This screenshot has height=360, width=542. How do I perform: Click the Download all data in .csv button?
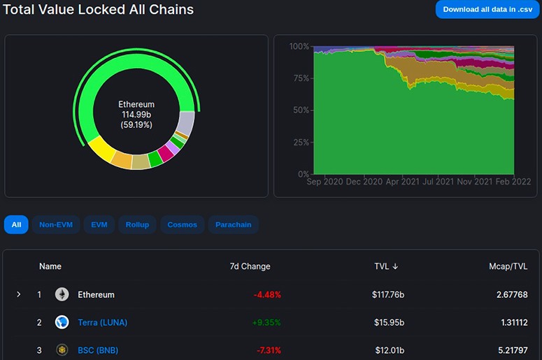coord(487,9)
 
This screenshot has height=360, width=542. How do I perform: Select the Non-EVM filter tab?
coord(57,224)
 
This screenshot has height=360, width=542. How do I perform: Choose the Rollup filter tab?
coord(137,224)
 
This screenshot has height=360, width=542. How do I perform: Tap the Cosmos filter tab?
coord(182,224)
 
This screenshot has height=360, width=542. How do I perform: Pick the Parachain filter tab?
coord(234,224)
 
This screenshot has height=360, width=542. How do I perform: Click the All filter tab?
coord(16,224)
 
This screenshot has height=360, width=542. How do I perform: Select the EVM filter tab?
coord(99,224)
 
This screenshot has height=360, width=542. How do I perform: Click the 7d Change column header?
coord(250,266)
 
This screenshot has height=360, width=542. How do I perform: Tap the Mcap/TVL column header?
coord(508,266)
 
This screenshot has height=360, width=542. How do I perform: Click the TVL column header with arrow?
coord(386,266)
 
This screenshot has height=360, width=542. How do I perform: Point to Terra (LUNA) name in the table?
coord(102,322)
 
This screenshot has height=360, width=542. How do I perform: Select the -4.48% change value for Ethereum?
coord(267,295)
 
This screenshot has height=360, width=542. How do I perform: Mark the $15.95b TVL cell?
coord(388,322)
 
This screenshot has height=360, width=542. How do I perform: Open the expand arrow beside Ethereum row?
coord(19,295)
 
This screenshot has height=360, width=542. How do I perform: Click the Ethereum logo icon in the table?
coord(62,294)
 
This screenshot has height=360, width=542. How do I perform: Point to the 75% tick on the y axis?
coord(299,78)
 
